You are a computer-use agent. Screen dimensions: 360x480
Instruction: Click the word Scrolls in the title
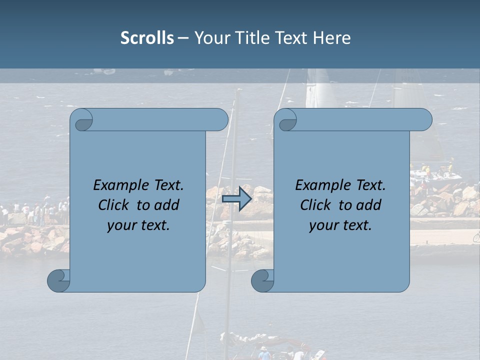pyautogui.click(x=147, y=38)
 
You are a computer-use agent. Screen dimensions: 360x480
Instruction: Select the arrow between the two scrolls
pyautogui.click(x=236, y=198)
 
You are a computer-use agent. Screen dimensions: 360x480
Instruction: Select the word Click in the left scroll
pyautogui.click(x=114, y=205)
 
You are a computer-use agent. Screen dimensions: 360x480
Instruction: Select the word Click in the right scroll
pyautogui.click(x=316, y=205)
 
